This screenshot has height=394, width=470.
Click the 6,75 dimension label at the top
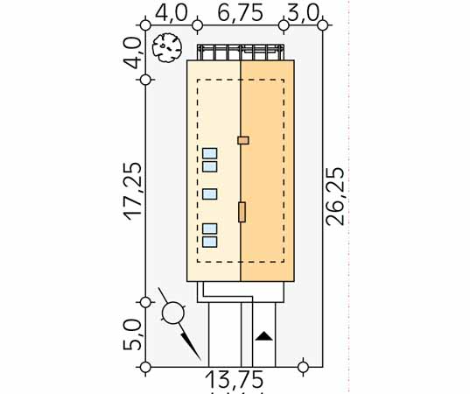241,12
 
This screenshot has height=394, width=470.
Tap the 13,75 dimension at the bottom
235,379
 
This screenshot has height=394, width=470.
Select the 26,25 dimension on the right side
335,196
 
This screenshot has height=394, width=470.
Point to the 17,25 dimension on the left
132,191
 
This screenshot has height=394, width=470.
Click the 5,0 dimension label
132,334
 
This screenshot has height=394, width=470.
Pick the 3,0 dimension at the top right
303,13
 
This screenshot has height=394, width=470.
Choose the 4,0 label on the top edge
171,12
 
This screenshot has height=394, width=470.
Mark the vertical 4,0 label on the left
132,53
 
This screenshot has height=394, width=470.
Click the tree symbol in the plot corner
167,47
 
